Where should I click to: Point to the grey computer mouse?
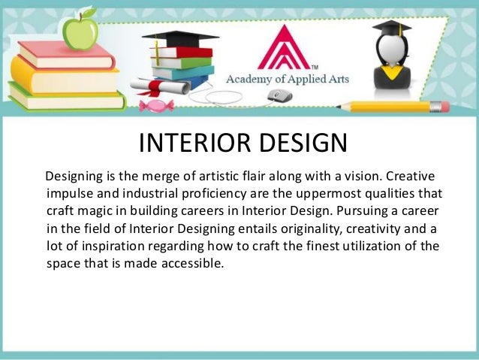[x=279, y=95]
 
